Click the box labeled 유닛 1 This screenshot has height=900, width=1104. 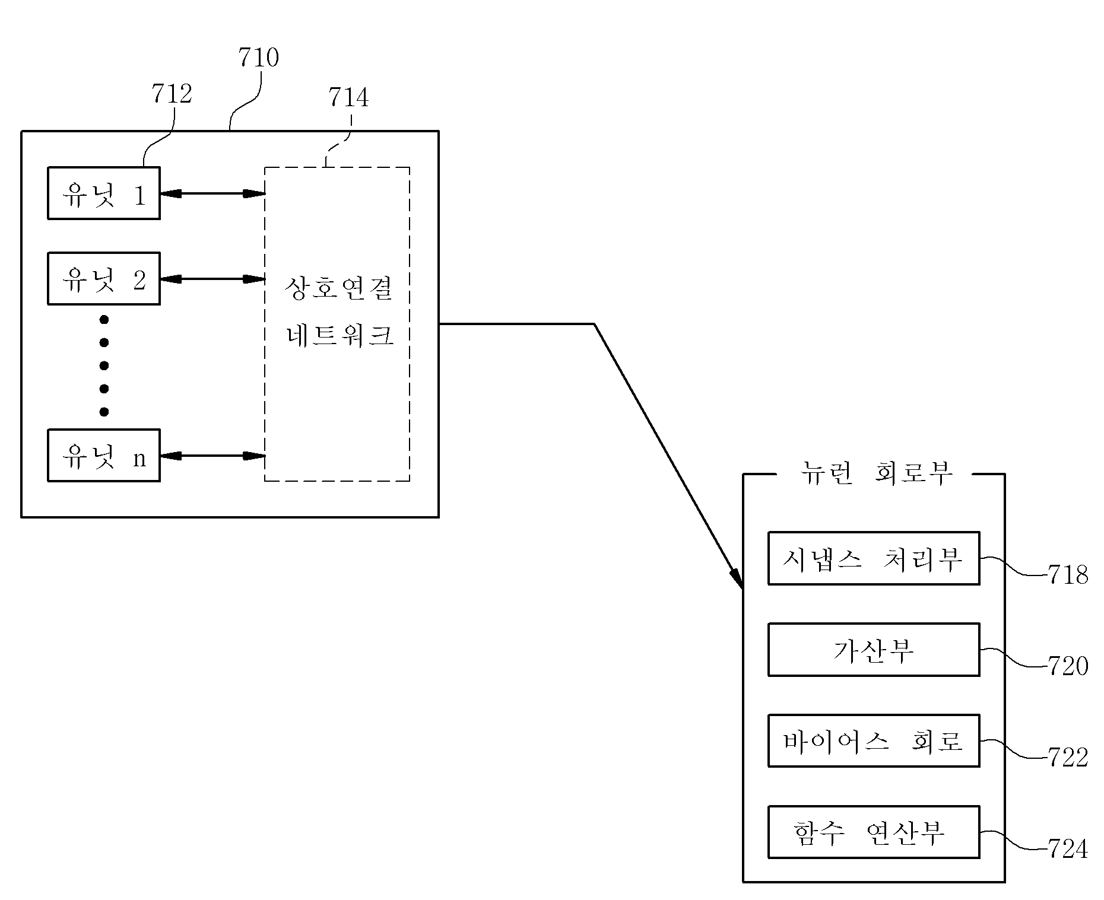point(104,193)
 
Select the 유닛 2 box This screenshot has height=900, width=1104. point(104,279)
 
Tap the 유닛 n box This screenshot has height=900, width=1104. point(104,456)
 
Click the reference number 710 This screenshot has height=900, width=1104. point(258,58)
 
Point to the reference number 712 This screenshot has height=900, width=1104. point(172,94)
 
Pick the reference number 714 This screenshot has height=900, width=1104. point(348,97)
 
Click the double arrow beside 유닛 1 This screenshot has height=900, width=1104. point(212,193)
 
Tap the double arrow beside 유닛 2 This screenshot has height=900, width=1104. point(212,279)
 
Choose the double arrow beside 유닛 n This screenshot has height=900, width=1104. point(212,456)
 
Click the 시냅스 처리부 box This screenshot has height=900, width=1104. point(874,558)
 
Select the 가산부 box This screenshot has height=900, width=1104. point(874,650)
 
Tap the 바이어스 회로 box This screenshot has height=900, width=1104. point(874,741)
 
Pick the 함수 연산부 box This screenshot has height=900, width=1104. point(874,832)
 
